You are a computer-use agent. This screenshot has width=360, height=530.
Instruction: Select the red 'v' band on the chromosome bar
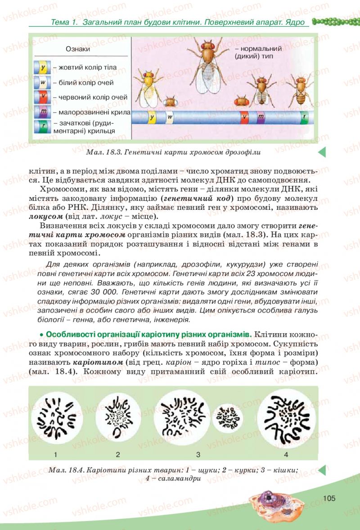tap(244, 118)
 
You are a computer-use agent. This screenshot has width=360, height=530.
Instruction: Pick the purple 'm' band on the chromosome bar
tap(261, 118)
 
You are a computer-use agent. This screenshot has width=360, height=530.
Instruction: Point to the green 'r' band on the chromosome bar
tap(305, 118)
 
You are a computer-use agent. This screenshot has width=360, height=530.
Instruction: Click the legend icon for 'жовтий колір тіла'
tap(41, 68)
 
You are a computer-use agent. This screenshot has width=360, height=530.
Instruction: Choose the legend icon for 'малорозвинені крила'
tap(41, 111)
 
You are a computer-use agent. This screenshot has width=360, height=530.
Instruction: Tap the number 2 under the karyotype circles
tap(118, 453)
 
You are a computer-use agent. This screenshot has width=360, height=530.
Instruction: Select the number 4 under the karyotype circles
tap(286, 453)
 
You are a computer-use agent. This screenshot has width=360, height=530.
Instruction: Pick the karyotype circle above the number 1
tap(57, 417)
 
